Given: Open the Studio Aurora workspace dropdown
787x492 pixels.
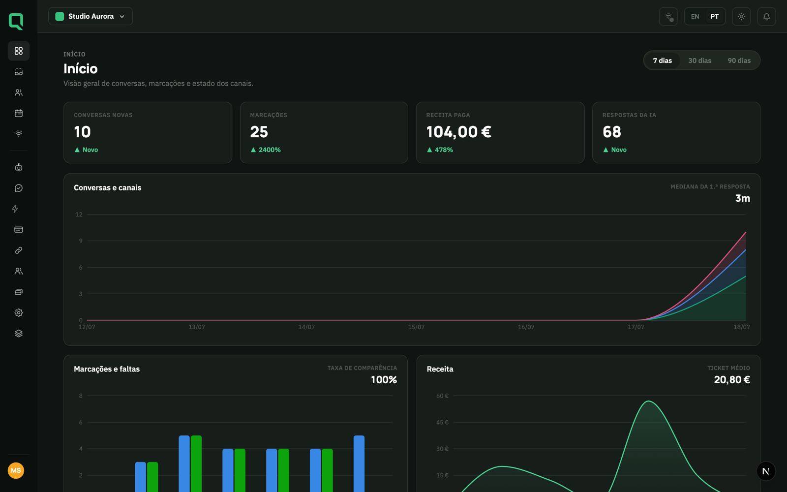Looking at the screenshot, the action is coord(91,17).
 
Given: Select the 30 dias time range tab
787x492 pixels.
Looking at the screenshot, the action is coord(699,61).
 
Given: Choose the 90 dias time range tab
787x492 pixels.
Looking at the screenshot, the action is coord(739,61).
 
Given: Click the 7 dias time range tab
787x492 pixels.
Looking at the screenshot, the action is coord(662,61).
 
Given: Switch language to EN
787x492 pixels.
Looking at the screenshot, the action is coord(695,17).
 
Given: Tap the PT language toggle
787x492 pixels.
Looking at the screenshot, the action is coord(714,17).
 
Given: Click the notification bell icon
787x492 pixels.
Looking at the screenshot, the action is coord(766,17).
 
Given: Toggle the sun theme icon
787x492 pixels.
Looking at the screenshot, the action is coord(741,17).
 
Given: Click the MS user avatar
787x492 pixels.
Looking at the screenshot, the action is coord(16,470).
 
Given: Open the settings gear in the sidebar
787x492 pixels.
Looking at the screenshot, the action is coord(19,312).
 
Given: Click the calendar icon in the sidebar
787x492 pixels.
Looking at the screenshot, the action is coord(19,113).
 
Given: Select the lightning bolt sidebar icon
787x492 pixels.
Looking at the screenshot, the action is coord(15,209).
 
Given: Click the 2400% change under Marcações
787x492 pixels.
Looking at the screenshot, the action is coord(270,150).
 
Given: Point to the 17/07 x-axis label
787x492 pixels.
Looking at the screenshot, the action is coord(636,327).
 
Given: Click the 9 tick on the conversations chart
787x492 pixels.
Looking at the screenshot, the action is coord(81,241).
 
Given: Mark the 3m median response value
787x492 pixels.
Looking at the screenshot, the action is coord(743,198).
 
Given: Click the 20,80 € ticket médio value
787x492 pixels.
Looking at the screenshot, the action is coord(732,379).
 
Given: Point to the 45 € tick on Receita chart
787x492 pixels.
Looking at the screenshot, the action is coord(442,422).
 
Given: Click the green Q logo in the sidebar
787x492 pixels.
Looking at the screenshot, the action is coord(16,22).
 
